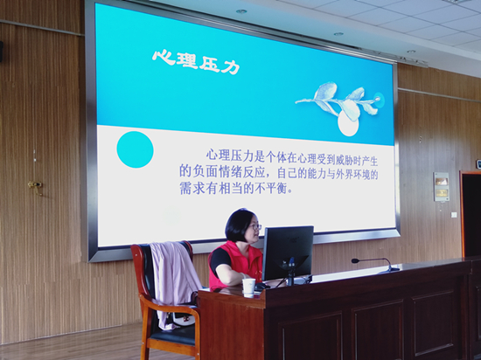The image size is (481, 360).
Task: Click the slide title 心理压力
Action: pos(196,61)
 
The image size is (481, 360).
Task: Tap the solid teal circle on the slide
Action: pos(135,149)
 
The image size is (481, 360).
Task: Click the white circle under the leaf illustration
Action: pos(348,123)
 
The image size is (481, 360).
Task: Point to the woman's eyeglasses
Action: pos(255,227)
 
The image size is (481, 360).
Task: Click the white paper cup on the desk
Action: pos(248,287)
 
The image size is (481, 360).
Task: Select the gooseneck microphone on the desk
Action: pos(376,265)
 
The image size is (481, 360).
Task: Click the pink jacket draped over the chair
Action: pos(174,282)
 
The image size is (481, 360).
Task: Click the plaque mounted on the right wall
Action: pos(442,187)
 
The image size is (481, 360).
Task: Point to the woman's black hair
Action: pos(239,225)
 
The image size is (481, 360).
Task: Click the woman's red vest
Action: pos(235,264)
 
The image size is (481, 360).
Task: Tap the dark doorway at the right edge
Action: pos(471,214)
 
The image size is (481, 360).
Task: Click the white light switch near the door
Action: pos(454,215)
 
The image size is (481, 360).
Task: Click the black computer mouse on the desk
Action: pos(262,287)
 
